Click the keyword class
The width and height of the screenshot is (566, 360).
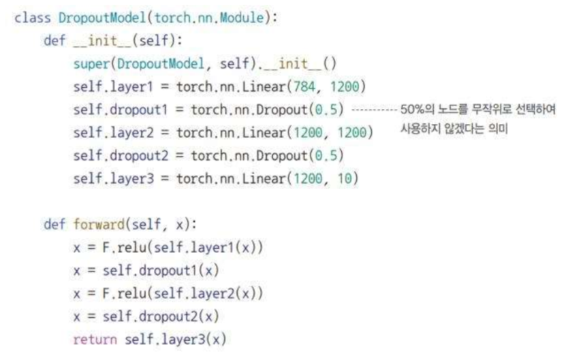click(33, 18)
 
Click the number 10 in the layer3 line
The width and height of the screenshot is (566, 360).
click(345, 179)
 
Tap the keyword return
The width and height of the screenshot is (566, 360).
click(95, 339)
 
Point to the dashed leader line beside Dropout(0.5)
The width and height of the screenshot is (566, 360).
click(372, 110)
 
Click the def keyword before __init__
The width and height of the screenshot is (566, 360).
click(54, 41)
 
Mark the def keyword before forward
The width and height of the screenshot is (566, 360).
click(54, 225)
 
